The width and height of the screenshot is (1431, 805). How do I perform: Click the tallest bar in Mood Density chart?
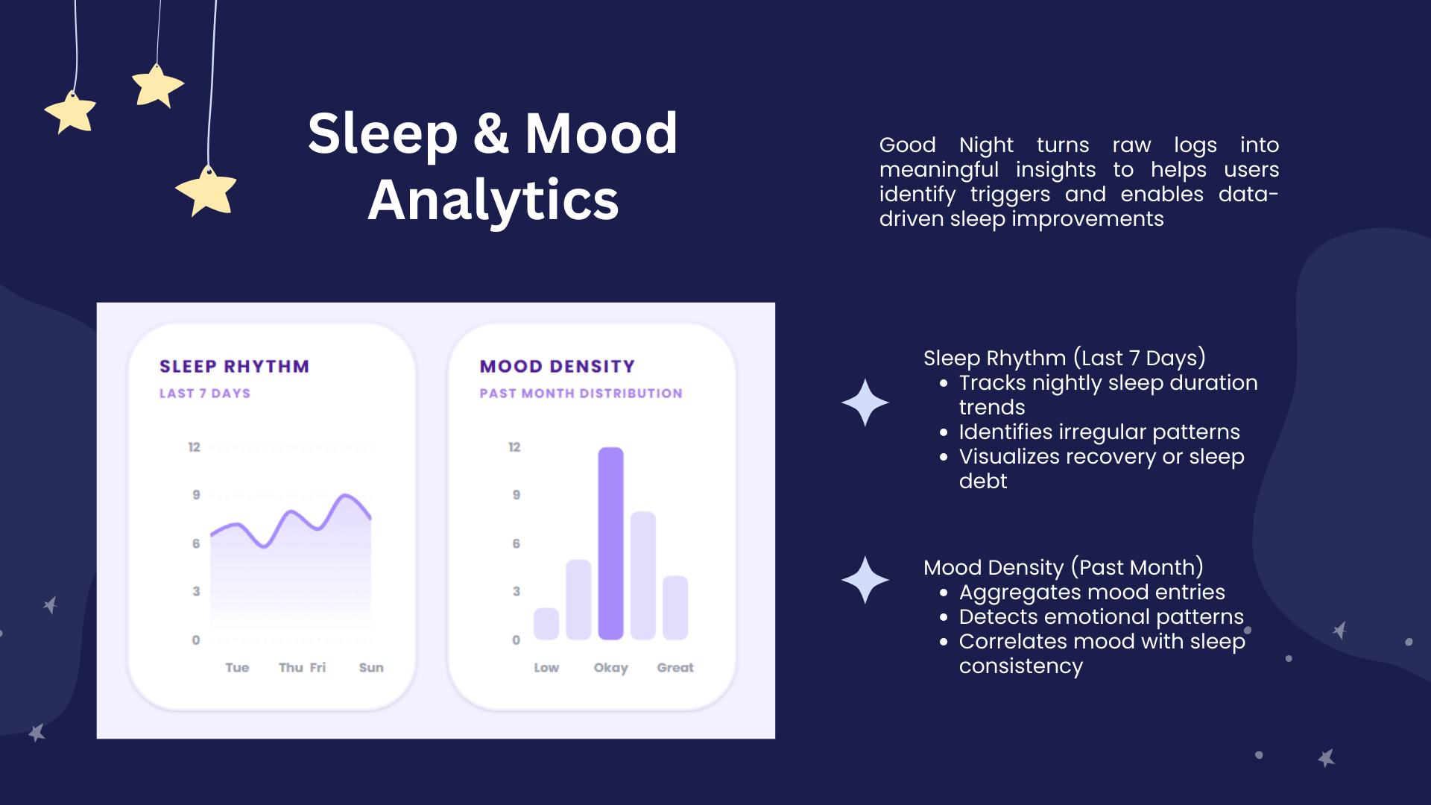coord(610,543)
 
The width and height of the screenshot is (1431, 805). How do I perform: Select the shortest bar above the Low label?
coord(546,624)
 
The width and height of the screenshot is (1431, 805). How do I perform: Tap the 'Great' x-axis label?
coord(675,668)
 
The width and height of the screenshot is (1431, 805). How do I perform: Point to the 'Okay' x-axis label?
coord(611,668)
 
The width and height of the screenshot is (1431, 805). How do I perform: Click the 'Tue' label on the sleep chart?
coord(237,668)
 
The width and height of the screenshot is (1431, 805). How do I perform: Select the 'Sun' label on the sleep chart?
coord(371,668)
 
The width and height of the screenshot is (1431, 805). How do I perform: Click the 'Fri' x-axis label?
coord(318,668)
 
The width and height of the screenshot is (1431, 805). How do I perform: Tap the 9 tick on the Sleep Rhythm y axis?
coord(196,495)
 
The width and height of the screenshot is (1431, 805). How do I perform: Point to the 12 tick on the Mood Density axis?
coord(514,447)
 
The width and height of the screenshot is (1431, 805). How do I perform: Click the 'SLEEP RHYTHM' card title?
coord(234,367)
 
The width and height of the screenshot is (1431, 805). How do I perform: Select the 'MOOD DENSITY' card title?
coord(557,367)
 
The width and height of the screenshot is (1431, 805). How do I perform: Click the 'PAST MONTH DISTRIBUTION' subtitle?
coord(581,394)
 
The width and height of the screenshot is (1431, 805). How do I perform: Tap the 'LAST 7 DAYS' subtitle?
coord(205,394)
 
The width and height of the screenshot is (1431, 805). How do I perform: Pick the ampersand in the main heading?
coord(491,133)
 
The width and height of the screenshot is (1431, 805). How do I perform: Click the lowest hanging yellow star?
coord(206,191)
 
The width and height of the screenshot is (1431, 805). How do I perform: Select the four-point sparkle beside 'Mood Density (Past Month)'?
coord(865,580)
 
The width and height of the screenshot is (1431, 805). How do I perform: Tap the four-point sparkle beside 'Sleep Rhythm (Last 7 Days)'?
coord(865,402)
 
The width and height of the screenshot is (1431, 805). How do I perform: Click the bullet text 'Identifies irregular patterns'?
coord(1099,432)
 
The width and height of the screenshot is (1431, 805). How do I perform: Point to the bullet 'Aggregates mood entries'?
coord(1092,593)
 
